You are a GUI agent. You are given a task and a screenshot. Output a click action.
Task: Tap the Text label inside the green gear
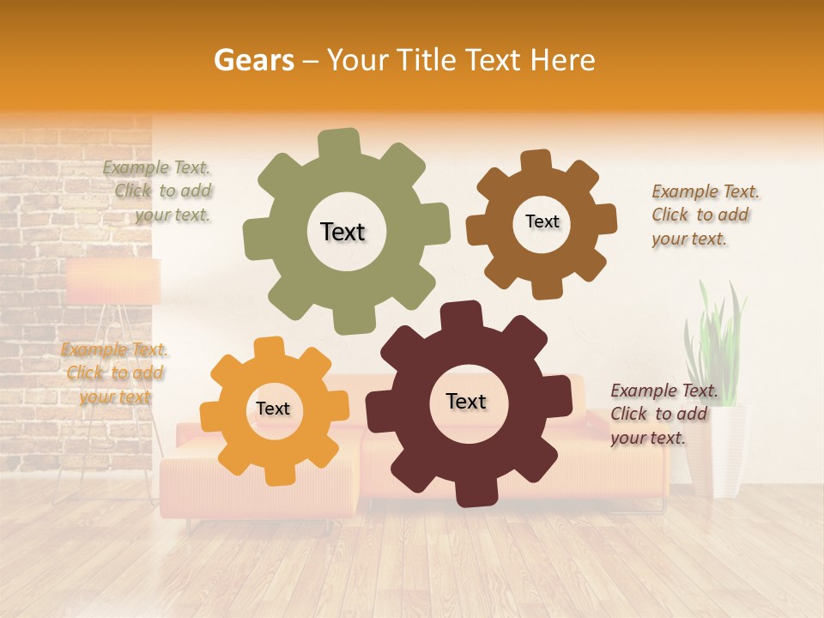pos(342,232)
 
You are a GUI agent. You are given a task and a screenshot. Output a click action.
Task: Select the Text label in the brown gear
pos(542,221)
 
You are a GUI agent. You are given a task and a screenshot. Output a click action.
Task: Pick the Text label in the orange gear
pos(273,409)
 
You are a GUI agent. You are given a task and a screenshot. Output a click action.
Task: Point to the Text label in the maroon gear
pos(466,402)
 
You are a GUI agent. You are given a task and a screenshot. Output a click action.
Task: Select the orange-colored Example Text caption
pos(114,373)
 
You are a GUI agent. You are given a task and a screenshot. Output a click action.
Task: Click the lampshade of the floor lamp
pos(113,282)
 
